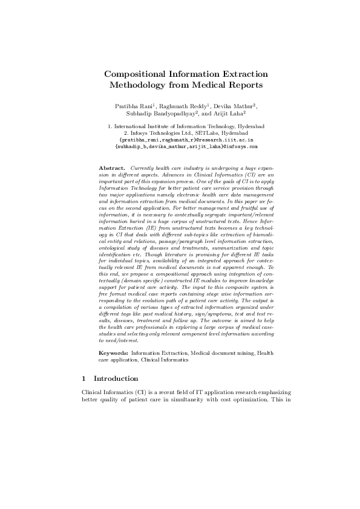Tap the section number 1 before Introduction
[x=83, y=379]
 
